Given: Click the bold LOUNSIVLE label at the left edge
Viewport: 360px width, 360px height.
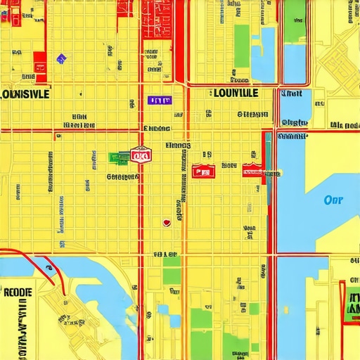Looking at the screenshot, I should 25,94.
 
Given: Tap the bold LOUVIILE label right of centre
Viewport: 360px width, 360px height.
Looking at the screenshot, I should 234,92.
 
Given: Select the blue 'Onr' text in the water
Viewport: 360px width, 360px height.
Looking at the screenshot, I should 333,199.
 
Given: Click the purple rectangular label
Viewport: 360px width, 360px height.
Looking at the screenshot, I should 160,101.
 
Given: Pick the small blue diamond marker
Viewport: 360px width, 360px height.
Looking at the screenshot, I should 60,58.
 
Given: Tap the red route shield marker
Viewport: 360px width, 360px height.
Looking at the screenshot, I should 141,155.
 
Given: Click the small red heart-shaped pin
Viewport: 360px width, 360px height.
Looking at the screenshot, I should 167,222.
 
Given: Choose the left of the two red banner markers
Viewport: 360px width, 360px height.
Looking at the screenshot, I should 202,171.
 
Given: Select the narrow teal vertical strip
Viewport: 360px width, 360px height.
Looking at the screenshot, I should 268,158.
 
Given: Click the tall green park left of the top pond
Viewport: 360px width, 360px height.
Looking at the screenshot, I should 242,46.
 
